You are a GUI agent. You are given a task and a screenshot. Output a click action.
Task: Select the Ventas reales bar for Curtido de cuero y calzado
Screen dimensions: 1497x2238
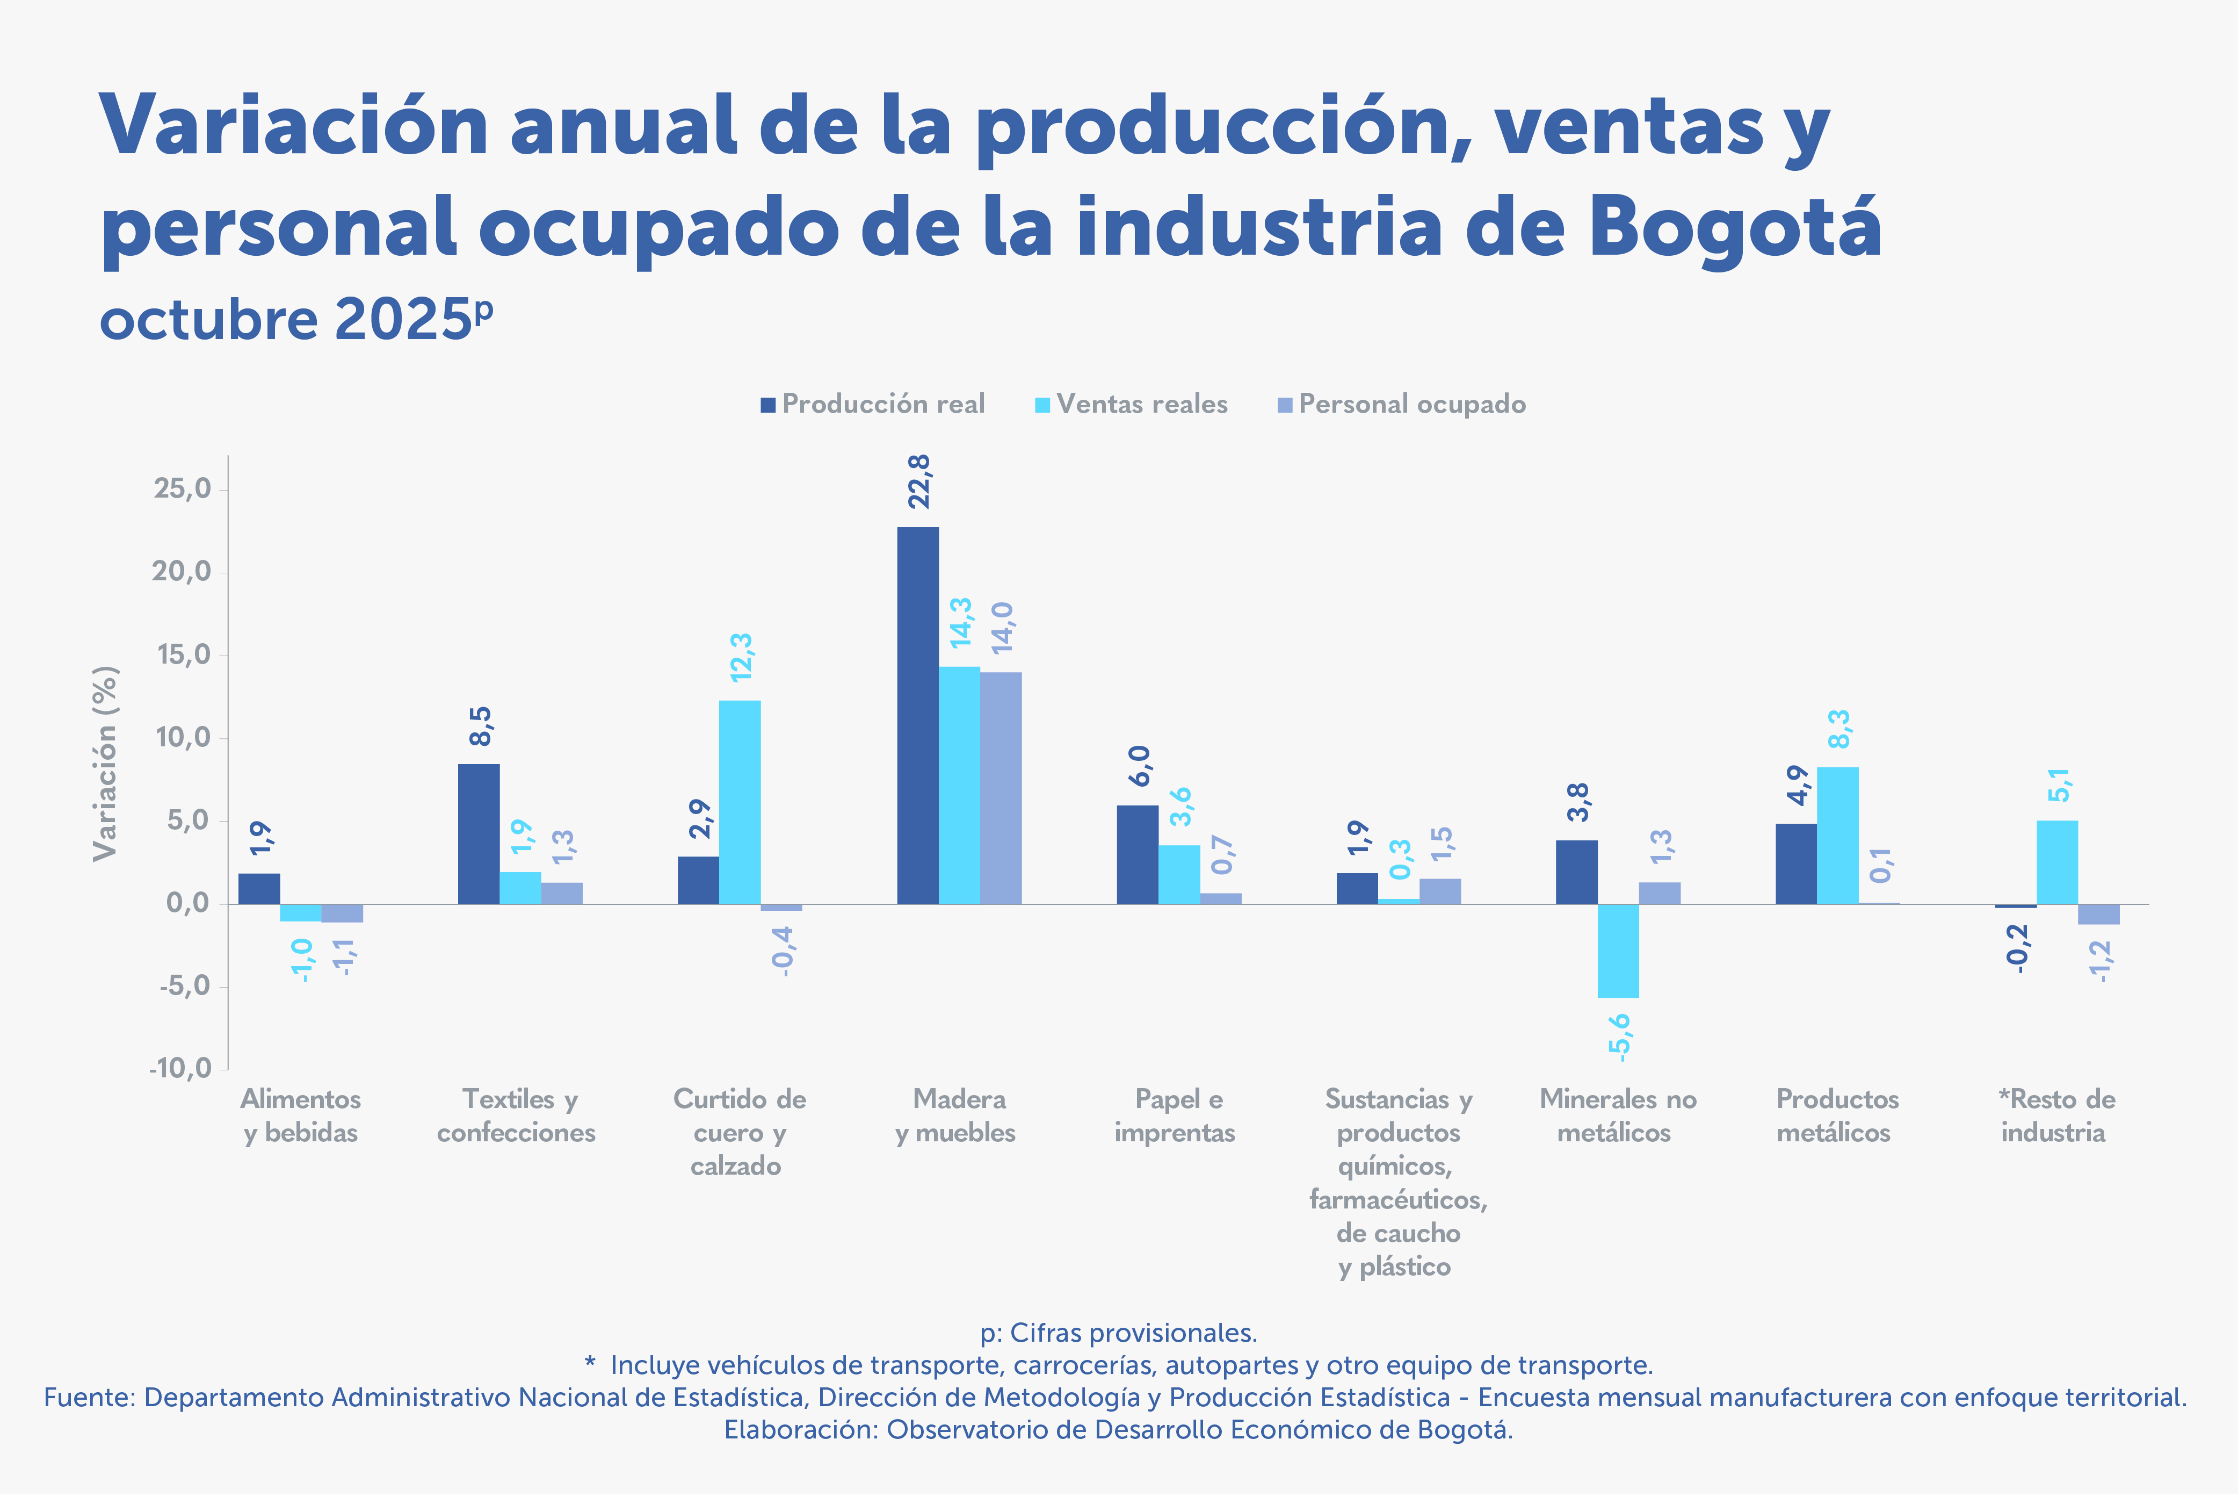click(x=740, y=802)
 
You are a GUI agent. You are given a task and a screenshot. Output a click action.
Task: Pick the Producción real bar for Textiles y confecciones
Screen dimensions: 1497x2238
click(x=478, y=833)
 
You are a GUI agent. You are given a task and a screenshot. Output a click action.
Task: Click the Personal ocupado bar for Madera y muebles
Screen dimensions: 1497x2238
click(x=1000, y=788)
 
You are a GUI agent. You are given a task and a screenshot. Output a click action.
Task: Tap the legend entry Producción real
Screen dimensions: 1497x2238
click(x=873, y=405)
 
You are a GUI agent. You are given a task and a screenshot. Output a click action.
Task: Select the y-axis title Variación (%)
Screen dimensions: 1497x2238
click(x=105, y=764)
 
